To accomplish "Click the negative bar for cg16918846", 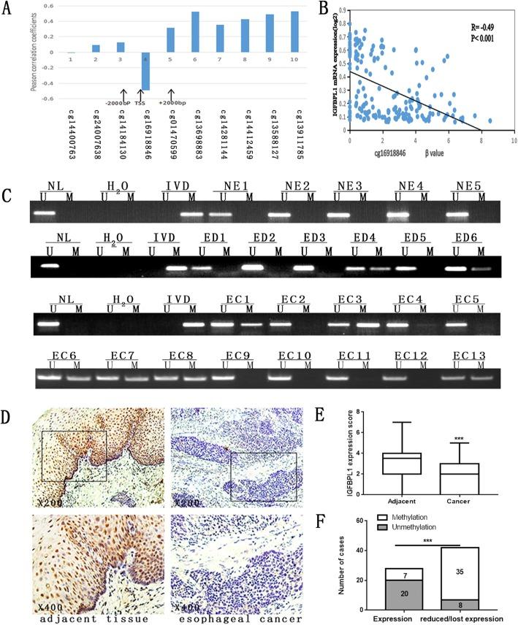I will [x=145, y=71].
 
